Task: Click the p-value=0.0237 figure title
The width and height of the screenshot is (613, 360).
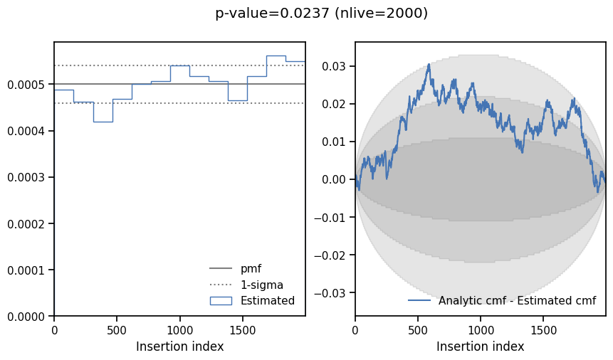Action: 321,13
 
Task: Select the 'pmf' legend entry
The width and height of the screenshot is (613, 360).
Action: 251,269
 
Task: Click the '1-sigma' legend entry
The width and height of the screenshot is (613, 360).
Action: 261,285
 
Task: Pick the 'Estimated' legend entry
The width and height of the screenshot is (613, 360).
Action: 267,300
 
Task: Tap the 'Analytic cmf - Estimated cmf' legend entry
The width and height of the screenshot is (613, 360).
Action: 517,300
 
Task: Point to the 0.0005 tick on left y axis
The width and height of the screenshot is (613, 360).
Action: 26,85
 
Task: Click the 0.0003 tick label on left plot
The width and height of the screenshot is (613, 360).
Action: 26,177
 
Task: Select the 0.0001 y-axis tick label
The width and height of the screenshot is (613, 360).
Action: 26,270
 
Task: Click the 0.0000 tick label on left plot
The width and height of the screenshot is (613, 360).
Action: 26,316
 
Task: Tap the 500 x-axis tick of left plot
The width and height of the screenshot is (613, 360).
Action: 117,330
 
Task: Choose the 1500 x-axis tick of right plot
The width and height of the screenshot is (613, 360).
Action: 544,330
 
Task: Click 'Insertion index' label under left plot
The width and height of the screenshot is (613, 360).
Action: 179,346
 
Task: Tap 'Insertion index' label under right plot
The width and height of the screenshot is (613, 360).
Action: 480,346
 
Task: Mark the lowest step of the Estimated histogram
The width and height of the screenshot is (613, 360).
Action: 103,122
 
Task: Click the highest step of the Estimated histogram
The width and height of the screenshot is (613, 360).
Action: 276,55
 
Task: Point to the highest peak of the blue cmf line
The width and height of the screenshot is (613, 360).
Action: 429,64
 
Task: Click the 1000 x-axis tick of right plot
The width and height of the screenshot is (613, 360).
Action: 481,330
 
